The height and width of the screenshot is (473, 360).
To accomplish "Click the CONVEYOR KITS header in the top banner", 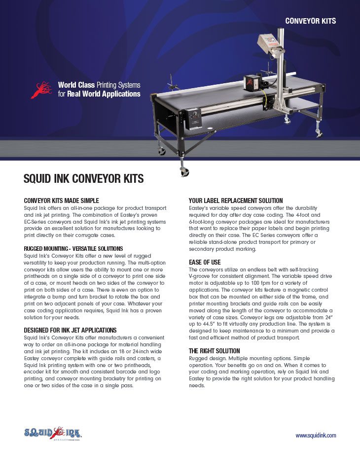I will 311,21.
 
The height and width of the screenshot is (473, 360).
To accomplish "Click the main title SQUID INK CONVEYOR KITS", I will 83,179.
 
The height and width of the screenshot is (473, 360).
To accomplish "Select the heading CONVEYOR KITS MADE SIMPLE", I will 62,201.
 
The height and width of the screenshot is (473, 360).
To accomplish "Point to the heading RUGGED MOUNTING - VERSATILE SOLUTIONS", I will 73,248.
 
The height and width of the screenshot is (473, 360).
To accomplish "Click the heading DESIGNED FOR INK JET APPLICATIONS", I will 70,330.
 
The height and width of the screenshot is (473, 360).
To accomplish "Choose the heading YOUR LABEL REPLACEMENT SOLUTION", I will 236,201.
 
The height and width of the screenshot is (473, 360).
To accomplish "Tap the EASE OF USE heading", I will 205,262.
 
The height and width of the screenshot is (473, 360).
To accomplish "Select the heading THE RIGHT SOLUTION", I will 215,350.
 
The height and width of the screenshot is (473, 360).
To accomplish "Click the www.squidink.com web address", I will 316,436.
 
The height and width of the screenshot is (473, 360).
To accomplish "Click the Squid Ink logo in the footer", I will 53,433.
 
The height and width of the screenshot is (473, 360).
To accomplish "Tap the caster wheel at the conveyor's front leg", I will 183,171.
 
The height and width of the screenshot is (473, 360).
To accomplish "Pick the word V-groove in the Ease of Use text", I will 201,276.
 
